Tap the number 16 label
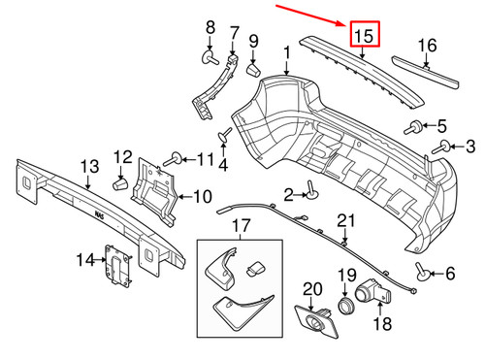coord(428,45)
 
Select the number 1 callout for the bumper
coord(286,50)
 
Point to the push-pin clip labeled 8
coord(209,57)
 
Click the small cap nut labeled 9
coord(251,69)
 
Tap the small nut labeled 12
coord(121,181)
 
